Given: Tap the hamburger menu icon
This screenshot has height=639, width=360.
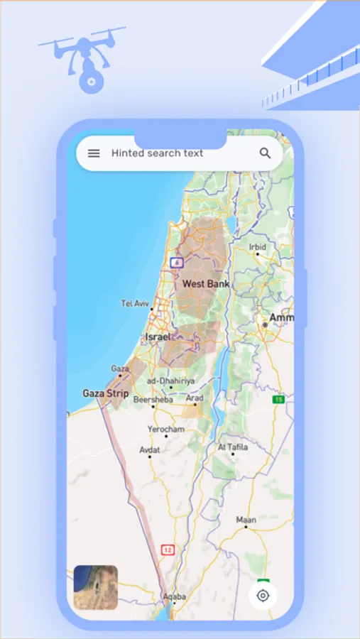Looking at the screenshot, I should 94,153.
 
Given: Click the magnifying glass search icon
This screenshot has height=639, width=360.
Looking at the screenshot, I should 265,153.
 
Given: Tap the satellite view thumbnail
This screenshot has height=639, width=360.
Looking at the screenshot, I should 96,587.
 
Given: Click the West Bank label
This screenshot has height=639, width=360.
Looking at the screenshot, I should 206,284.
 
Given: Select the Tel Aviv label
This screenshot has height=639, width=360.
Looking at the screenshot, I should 136,303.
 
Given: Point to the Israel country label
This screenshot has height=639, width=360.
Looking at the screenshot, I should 158,337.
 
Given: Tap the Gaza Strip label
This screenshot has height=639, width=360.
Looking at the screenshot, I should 106,393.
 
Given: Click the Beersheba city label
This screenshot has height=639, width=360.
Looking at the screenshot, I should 153,400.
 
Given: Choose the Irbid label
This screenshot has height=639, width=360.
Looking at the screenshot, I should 257,247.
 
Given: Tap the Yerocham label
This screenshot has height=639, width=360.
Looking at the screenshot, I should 165,430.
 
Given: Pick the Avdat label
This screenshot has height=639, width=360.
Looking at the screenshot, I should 149,450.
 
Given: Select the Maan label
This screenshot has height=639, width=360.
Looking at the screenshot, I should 246,520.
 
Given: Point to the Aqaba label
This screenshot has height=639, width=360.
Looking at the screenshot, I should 174,597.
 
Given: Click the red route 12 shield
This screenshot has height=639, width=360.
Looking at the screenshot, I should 168,550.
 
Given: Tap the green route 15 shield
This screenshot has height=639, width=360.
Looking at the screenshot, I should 279,400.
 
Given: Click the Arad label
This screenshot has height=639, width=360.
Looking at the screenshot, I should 195,398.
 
